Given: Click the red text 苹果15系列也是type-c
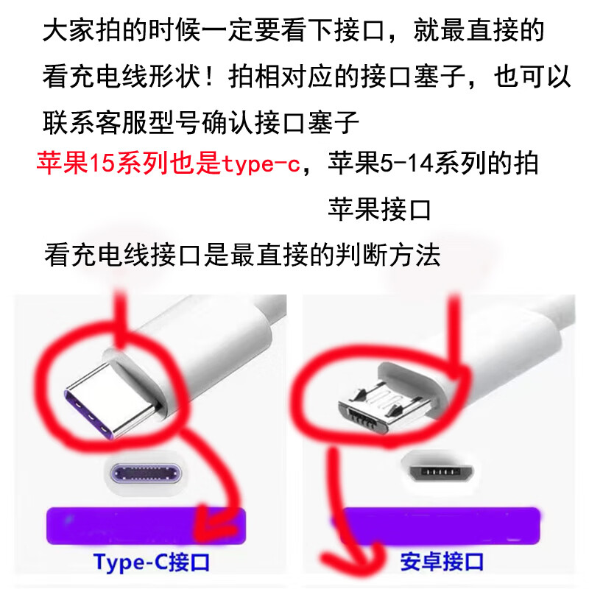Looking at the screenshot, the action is click(x=169, y=163).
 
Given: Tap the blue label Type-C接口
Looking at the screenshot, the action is click(x=152, y=562).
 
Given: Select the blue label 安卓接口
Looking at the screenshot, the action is click(x=442, y=562).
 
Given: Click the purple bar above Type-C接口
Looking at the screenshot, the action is click(x=146, y=526).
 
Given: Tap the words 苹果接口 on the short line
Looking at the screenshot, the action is click(x=379, y=209).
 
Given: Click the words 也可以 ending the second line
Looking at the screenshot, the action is click(x=532, y=77).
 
